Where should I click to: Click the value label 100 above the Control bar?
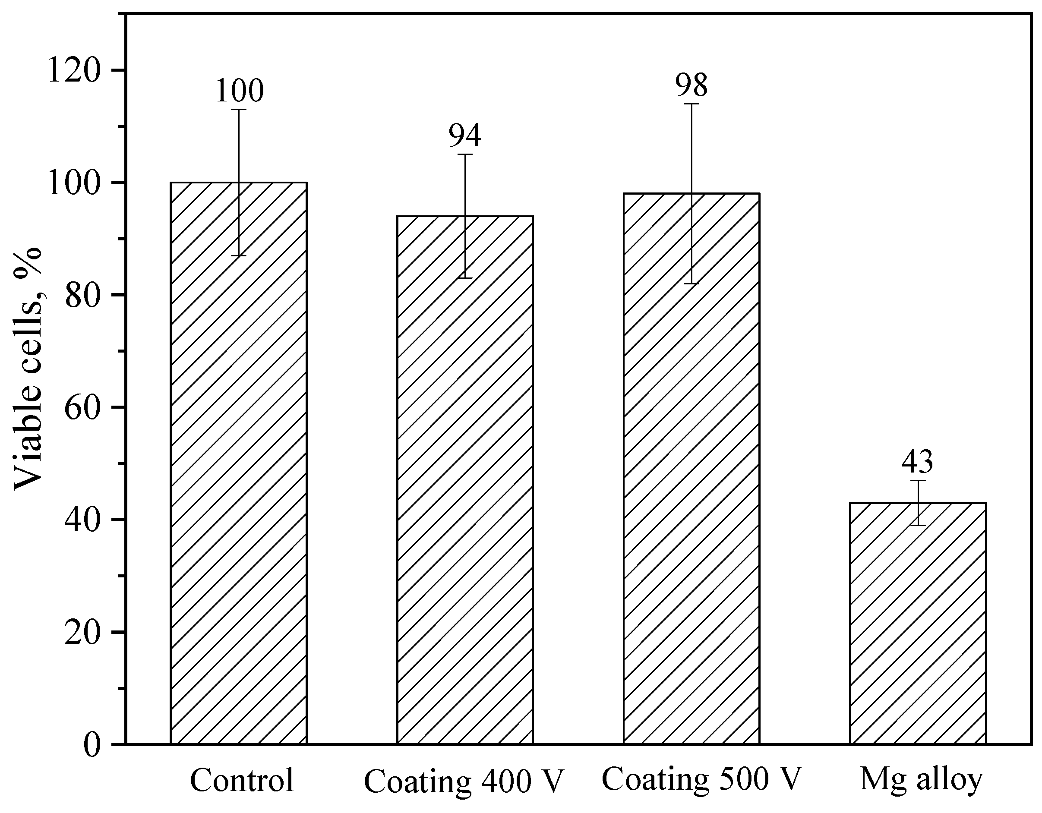tap(240, 91)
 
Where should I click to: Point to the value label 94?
tap(465, 136)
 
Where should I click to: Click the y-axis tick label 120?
tap(74, 70)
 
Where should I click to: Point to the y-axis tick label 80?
tap(82, 295)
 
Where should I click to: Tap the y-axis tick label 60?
tap(82, 407)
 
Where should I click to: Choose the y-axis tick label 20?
tap(82, 633)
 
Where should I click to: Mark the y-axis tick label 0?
tap(94, 745)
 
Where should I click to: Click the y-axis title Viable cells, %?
tap(27, 369)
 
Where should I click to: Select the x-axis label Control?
tap(242, 780)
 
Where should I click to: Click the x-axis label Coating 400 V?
tap(464, 781)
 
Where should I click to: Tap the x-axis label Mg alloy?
tap(921, 779)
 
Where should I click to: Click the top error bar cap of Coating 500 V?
tap(692, 104)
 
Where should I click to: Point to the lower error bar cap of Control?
tap(239, 256)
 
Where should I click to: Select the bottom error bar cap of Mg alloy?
tap(918, 525)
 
